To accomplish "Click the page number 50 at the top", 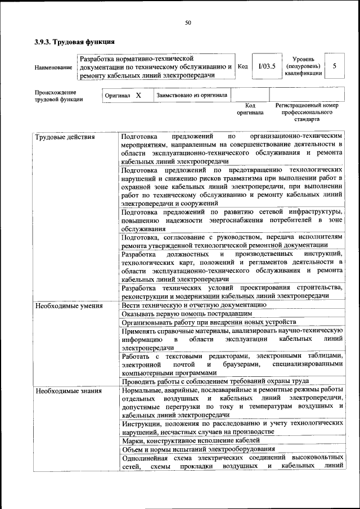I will click(x=188, y=22).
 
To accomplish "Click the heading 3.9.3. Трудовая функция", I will click(x=74, y=42).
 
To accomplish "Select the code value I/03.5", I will click(x=267, y=66).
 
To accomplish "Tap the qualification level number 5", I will click(x=335, y=66).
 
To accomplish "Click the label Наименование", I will click(x=53, y=67).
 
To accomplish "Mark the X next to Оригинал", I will click(x=138, y=96).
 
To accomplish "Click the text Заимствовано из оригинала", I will click(x=192, y=96).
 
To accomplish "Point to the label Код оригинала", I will click(x=250, y=109).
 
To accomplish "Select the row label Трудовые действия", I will click(x=65, y=137).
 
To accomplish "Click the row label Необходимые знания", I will click(x=68, y=390).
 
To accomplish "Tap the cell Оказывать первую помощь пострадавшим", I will click(x=186, y=314).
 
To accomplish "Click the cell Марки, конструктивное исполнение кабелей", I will click(x=190, y=440).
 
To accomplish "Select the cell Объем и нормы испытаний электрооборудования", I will click(x=198, y=449).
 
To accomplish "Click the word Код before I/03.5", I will click(x=243, y=66).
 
